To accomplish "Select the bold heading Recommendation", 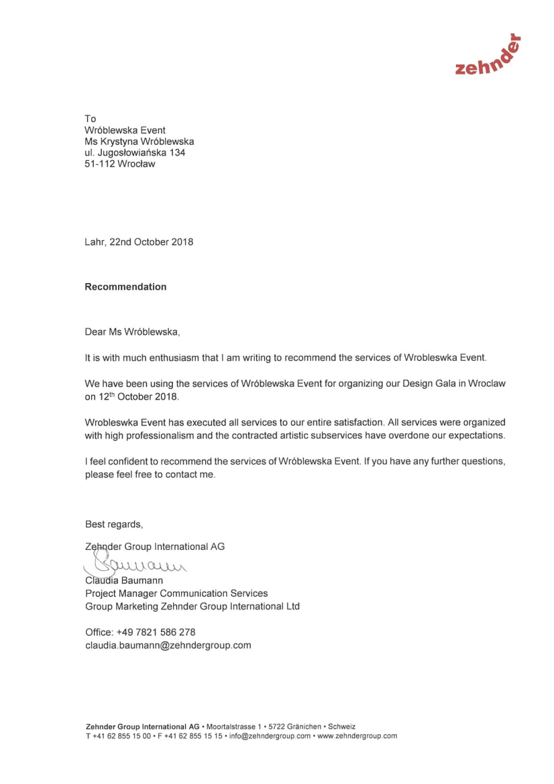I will (x=125, y=287).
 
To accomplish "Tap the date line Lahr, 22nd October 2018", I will (x=139, y=242).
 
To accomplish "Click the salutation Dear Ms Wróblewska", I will (x=132, y=332).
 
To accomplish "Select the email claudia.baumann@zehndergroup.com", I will (x=168, y=645).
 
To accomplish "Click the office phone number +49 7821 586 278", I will (x=156, y=632).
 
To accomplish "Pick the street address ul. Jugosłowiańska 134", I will (x=135, y=153).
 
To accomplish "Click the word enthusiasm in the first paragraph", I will (x=148, y=358).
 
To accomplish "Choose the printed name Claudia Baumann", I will (x=124, y=580).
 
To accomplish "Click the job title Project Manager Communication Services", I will (x=176, y=594).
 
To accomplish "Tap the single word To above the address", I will (x=90, y=119).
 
